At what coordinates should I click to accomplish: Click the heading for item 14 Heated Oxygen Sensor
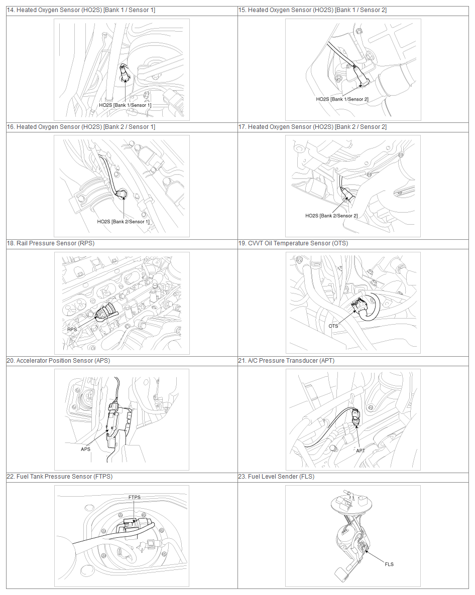pos(81,10)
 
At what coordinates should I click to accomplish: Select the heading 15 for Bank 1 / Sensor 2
pos(312,10)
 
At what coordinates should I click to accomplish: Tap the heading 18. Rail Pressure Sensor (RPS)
pos(51,243)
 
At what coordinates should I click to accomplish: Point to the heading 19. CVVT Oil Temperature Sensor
pos(293,243)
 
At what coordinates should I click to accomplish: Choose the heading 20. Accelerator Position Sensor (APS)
pos(58,361)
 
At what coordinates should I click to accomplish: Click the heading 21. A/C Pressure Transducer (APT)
pos(286,361)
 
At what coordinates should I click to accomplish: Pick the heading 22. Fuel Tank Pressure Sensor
pos(60,477)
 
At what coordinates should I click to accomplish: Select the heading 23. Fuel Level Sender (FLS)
pos(276,477)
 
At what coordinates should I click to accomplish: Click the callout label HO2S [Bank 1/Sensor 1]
pos(125,105)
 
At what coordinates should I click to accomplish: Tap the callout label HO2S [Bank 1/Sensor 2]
pos(342,99)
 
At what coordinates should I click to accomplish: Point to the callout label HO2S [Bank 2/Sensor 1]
pos(123,222)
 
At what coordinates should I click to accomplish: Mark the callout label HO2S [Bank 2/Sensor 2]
pos(331,216)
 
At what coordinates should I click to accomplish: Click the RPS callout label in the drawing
pos(72,330)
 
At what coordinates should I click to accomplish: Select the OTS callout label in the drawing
pos(333,326)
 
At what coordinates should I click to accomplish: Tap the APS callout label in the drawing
pos(85,449)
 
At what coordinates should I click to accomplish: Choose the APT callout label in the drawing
pos(361,451)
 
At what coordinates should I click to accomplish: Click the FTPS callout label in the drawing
pos(135,497)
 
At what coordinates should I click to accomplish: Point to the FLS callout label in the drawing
pos(389,564)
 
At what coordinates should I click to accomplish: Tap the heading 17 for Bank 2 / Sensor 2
pos(312,127)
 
